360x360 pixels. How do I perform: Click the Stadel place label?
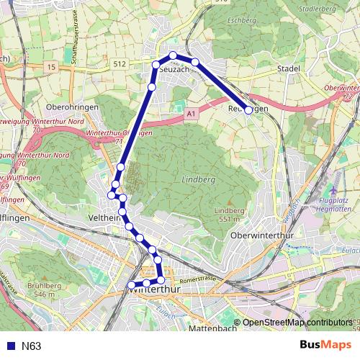point(289,68)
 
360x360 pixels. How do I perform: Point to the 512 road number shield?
point(120,63)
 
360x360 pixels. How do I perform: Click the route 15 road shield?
point(50,67)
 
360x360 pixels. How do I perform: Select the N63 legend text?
point(32,346)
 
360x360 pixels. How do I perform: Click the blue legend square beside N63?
point(11,346)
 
